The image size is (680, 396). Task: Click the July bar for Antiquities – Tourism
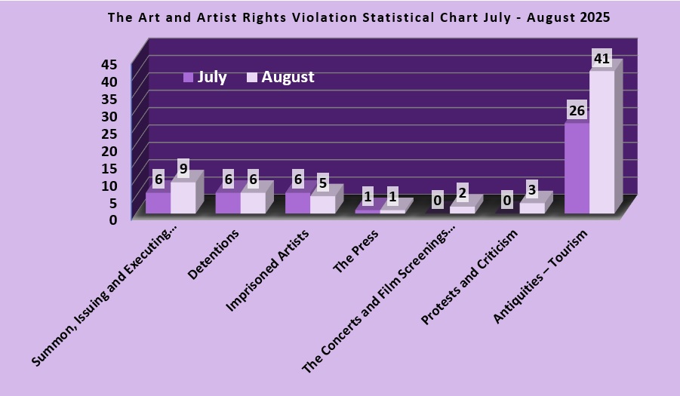577,168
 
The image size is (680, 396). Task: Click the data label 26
577,111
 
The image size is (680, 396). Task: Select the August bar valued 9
183,197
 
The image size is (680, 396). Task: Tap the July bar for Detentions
228,203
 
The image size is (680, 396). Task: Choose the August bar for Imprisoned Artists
322,204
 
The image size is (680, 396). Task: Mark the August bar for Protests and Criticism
531,208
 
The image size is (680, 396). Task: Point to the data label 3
531,189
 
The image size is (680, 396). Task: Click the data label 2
462,192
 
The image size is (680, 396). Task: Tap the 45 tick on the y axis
110,64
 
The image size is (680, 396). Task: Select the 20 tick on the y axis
110,150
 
